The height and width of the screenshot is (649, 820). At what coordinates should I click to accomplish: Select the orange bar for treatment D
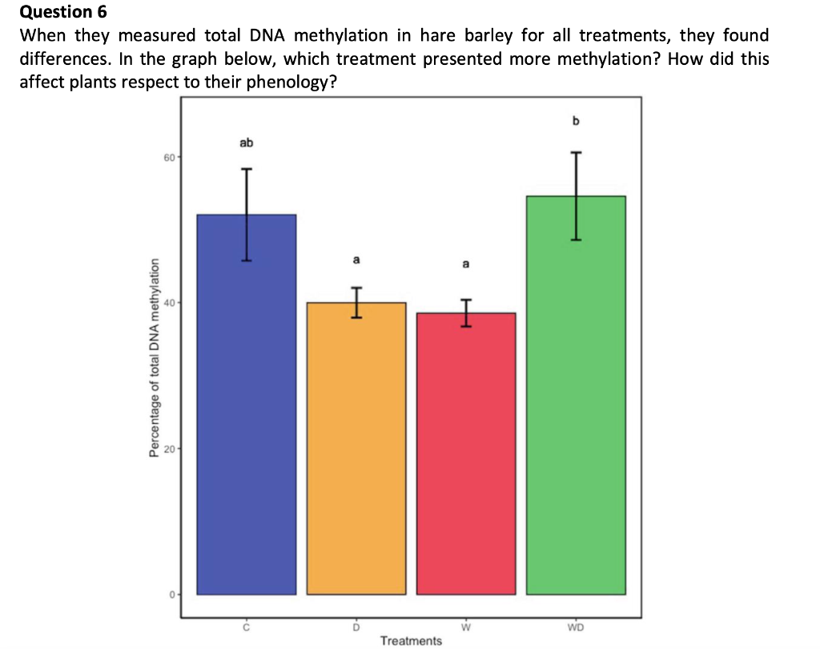coord(356,449)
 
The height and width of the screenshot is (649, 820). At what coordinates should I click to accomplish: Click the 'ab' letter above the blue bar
coord(246,143)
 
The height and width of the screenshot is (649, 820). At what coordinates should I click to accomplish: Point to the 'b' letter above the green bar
coord(575,121)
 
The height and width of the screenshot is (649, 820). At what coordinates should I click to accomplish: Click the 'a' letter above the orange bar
coord(356,260)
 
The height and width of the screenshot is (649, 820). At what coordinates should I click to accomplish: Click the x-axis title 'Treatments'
coord(411,640)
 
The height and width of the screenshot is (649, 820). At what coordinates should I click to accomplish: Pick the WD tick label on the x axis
coord(575,627)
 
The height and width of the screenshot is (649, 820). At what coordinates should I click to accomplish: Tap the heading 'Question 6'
coord(62,12)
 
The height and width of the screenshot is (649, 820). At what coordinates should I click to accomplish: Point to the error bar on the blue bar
coord(247,215)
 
